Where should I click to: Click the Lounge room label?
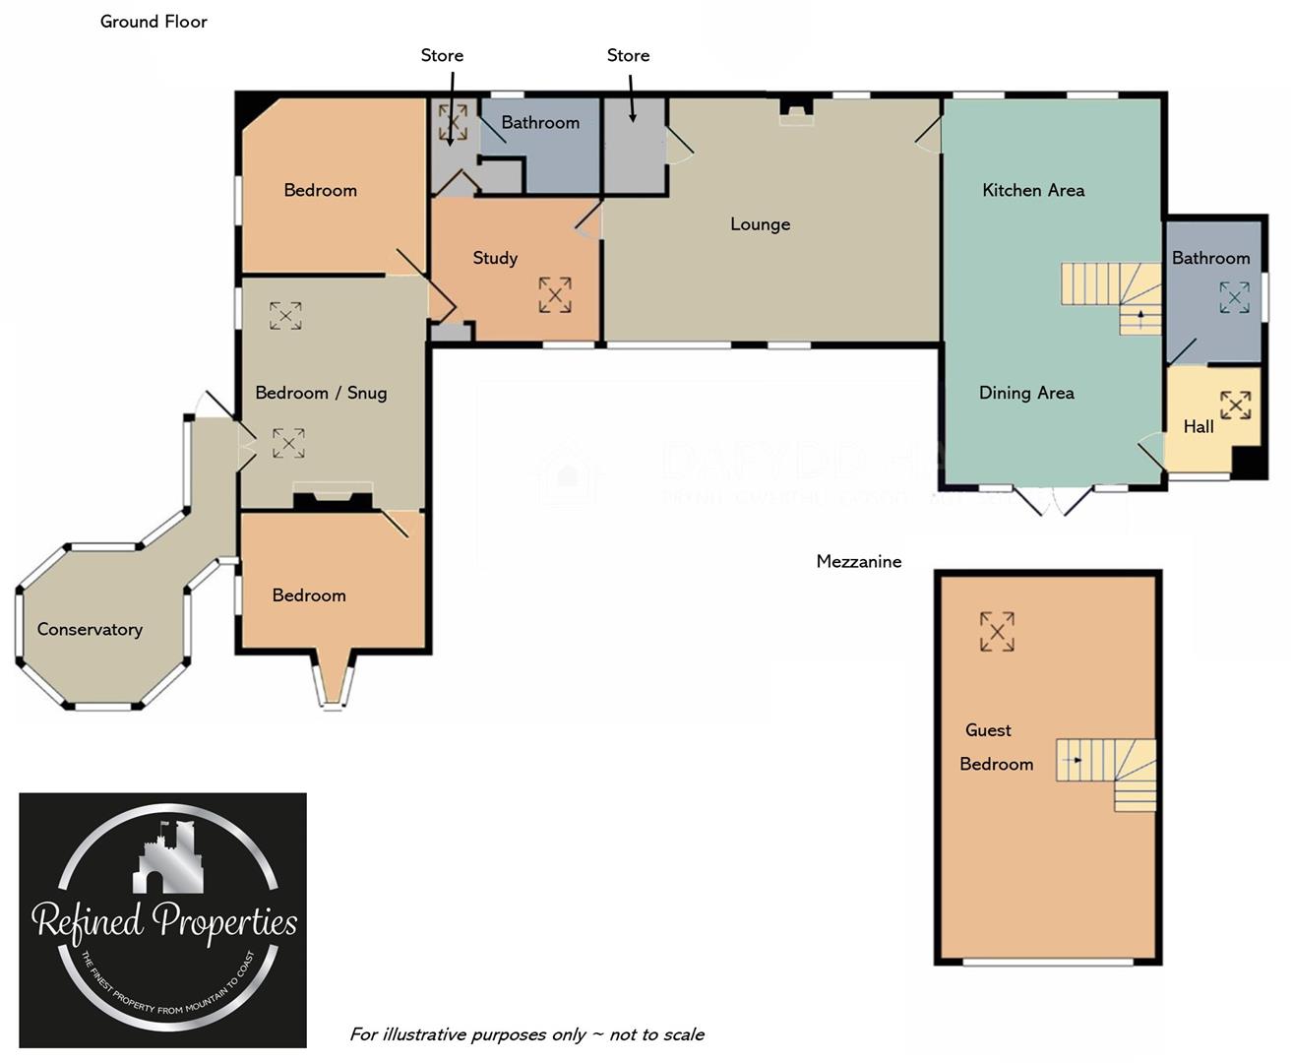tap(760, 224)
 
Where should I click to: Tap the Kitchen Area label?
tap(1033, 190)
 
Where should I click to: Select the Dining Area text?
tap(1026, 393)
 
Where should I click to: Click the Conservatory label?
tap(90, 630)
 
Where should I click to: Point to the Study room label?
tap(495, 258)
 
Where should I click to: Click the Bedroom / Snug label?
tap(321, 393)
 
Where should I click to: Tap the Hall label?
tap(1198, 426)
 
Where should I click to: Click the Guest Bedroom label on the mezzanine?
tap(994, 747)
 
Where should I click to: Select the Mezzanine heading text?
tap(858, 561)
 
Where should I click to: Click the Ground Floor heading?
tap(154, 22)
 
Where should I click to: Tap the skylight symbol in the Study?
tap(555, 295)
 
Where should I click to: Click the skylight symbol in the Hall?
tap(1236, 405)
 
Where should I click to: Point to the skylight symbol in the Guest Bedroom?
tap(997, 632)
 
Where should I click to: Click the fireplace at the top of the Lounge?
tap(795, 110)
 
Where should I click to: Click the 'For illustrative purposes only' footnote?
tap(526, 1034)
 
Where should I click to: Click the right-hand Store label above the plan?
tap(628, 55)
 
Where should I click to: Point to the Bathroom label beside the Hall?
tap(1210, 258)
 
